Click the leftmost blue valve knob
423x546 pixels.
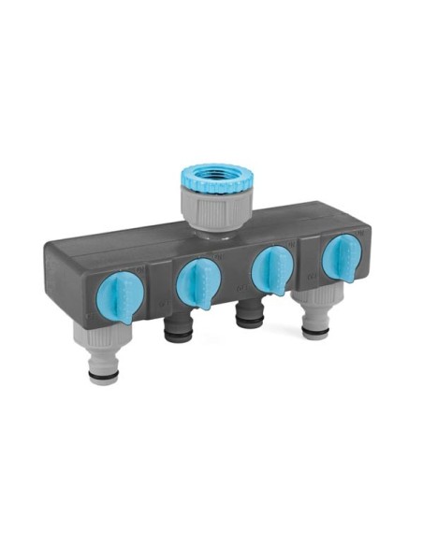point(117,296)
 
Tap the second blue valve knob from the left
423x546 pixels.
point(197,280)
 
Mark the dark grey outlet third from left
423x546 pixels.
point(250,316)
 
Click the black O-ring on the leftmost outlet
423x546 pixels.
point(104,375)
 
